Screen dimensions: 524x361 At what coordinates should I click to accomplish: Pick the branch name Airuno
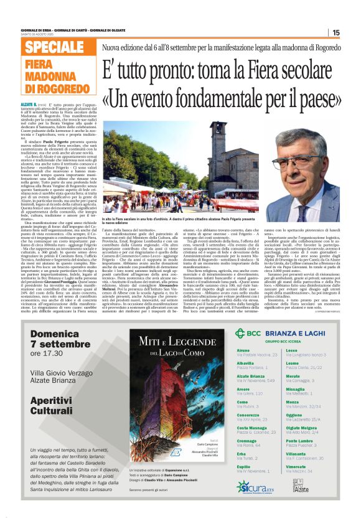(243, 350)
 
